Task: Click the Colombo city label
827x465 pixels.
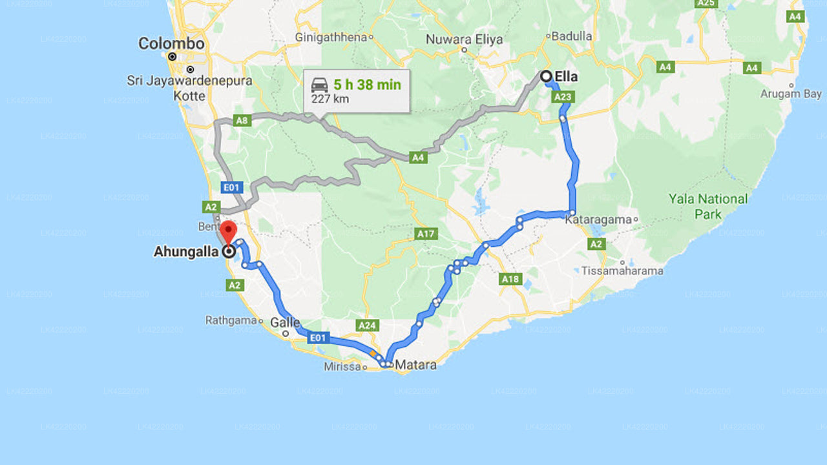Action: pyautogui.click(x=171, y=44)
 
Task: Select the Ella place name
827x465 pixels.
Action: pyautogui.click(x=566, y=77)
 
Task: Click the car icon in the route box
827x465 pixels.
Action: pyautogui.click(x=319, y=85)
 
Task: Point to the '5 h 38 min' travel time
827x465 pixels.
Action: pyautogui.click(x=367, y=85)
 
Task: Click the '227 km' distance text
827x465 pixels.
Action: pyautogui.click(x=330, y=99)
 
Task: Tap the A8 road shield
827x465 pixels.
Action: pyautogui.click(x=242, y=120)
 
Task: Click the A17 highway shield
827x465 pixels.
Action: pyautogui.click(x=425, y=234)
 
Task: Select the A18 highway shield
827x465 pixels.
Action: pyautogui.click(x=510, y=279)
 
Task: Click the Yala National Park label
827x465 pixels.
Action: pyautogui.click(x=708, y=206)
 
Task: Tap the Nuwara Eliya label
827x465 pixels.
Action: pyautogui.click(x=464, y=39)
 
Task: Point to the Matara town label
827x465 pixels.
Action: pyautogui.click(x=415, y=365)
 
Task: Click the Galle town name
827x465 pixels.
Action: pyautogui.click(x=286, y=322)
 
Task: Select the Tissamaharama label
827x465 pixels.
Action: pyautogui.click(x=622, y=271)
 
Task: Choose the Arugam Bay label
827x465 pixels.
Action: pyautogui.click(x=791, y=94)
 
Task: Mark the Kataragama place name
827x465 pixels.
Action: pyautogui.click(x=598, y=220)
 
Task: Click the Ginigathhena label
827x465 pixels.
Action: pyautogui.click(x=331, y=37)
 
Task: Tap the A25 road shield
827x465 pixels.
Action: pyautogui.click(x=706, y=3)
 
